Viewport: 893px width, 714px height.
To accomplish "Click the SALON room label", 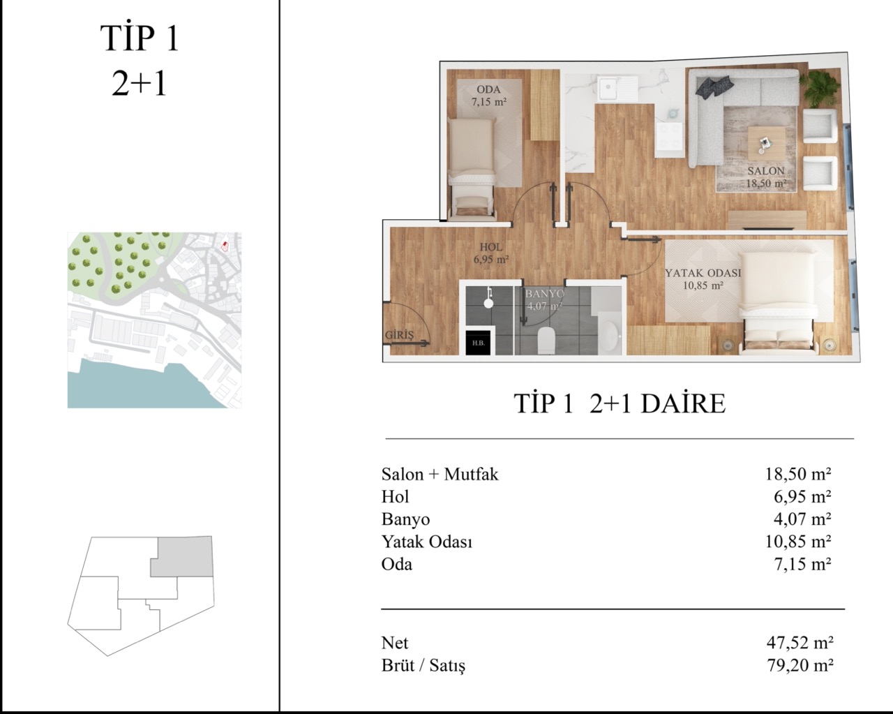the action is click(766, 170).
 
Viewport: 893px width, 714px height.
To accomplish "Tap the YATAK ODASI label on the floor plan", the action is click(703, 273).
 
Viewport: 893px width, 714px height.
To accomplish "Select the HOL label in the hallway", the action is click(491, 247).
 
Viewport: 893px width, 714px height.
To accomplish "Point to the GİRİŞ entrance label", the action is click(399, 335).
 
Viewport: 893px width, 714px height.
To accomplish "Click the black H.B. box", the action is click(478, 343).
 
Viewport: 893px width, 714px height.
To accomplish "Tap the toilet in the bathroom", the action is click(546, 341).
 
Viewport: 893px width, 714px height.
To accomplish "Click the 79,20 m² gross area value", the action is click(800, 665).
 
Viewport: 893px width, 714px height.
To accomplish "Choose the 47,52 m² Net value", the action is click(800, 643).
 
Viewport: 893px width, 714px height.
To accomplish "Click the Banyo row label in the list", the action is click(405, 520).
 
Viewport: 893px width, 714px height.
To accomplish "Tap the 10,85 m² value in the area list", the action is click(798, 542).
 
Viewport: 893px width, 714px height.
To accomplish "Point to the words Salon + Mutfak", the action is click(440, 474).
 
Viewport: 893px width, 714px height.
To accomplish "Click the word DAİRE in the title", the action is click(684, 403).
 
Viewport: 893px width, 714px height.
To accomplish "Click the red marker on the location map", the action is click(225, 246).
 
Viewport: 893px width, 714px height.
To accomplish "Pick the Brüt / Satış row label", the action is click(423, 666).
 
